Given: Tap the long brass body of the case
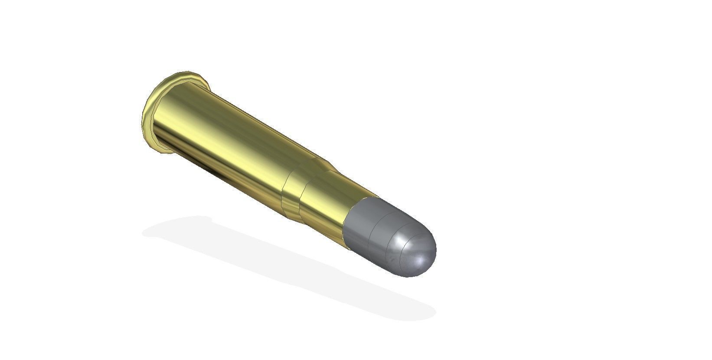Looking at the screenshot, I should pos(225,143).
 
